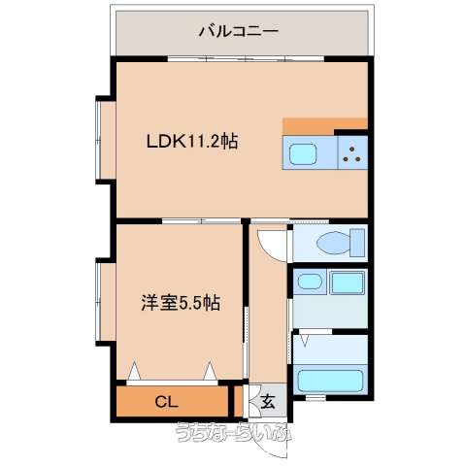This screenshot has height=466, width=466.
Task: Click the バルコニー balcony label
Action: [x=239, y=31]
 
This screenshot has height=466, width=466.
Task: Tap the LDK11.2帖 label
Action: [x=192, y=142]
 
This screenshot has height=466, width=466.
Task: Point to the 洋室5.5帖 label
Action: [x=181, y=303]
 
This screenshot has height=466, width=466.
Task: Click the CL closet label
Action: [x=167, y=402]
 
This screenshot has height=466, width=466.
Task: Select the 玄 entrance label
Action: [x=268, y=402]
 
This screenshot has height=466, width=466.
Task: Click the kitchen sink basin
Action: [x=303, y=154]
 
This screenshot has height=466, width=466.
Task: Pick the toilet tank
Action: [x=358, y=243]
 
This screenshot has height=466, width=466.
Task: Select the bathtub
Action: [x=330, y=381]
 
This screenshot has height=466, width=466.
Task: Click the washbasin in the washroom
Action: [x=309, y=282]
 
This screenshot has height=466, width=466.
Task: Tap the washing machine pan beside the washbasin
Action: [x=348, y=283]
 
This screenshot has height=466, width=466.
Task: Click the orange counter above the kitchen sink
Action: [x=325, y=126]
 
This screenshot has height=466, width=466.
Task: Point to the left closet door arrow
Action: [x=134, y=371]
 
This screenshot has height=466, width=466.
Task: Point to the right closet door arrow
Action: [x=211, y=371]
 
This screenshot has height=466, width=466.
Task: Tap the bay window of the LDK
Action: [x=106, y=140]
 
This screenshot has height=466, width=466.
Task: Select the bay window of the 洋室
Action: [x=106, y=302]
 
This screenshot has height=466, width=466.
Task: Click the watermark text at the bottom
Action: [x=234, y=433]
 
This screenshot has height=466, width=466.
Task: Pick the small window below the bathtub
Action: [x=316, y=397]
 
